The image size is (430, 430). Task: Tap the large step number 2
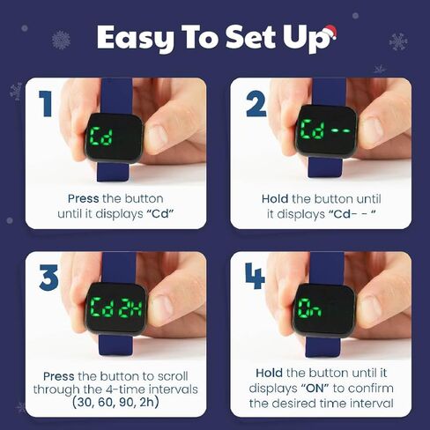[256, 105]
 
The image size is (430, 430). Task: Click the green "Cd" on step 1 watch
[104, 138]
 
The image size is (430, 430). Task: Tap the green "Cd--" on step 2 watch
[328, 133]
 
